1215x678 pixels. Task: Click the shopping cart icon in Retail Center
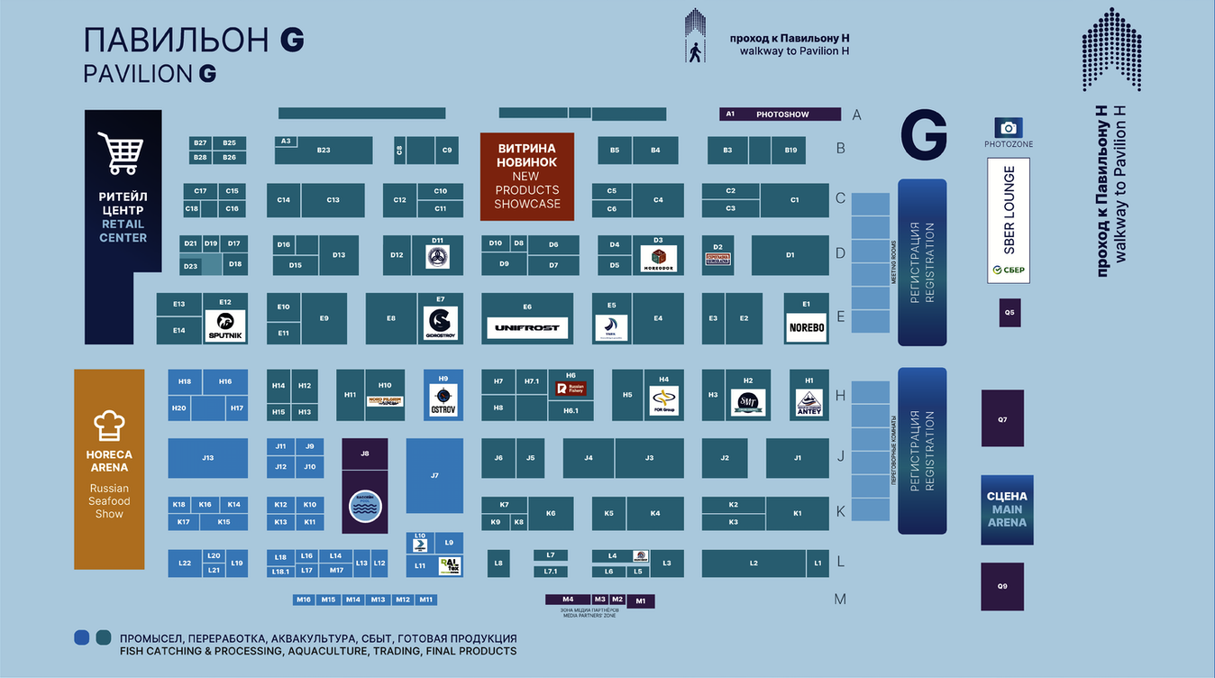coord(121,153)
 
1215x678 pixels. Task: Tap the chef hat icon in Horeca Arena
coord(108,425)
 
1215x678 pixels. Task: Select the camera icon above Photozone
coord(1009,128)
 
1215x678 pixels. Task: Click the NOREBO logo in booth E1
coord(806,327)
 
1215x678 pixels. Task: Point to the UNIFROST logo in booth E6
coord(527,328)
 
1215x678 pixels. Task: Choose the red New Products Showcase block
coord(527,177)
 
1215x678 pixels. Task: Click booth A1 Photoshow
coord(780,115)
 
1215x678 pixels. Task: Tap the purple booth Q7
coord(1002,418)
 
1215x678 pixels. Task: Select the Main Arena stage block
coord(1007,509)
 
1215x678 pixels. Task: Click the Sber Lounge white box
coord(1009,221)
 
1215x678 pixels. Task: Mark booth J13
coord(207,458)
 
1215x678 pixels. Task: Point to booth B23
coord(324,151)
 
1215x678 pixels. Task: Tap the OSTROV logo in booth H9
coord(443,399)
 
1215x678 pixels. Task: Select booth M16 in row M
coord(303,600)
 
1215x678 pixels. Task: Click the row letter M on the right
coord(840,599)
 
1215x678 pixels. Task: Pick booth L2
coord(754,563)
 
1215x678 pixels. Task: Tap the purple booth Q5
coord(1009,313)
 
